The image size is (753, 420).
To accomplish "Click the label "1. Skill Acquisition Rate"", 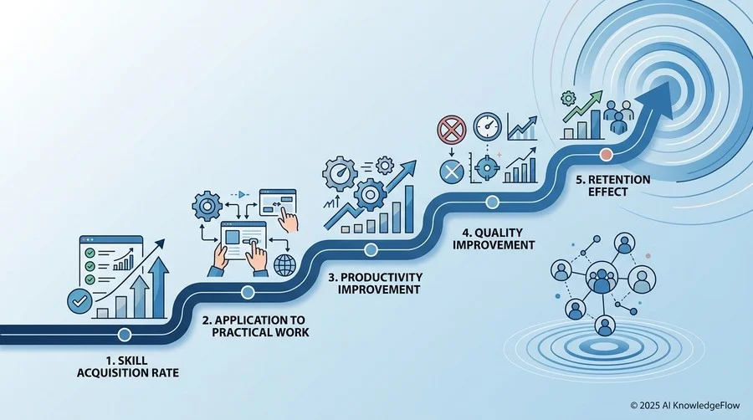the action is tap(128, 366).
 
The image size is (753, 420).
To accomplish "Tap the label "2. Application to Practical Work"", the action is tap(260, 326).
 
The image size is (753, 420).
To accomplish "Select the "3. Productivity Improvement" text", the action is tap(376, 283).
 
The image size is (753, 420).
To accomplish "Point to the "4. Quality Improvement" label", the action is tap(493, 239).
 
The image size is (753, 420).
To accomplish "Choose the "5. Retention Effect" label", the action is tap(612, 186).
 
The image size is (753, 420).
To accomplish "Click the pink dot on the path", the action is tap(607, 155).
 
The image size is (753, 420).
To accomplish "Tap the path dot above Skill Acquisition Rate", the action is tap(125, 335).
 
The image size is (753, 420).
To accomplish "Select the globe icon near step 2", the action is tap(284, 265).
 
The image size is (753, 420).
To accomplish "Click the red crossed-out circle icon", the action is tap(452, 130).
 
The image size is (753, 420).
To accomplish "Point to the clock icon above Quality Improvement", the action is tap(488, 126).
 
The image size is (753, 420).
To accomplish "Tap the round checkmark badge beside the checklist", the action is tap(79, 301).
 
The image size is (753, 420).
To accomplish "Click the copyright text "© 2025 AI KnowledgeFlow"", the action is tap(684, 406).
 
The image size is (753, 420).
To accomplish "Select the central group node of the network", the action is tap(602, 278).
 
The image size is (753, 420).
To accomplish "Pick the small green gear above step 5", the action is tap(568, 99).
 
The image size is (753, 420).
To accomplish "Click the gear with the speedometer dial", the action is tap(340, 173).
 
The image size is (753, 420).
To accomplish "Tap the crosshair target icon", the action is tap(487, 167).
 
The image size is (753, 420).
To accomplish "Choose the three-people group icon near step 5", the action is tap(618, 116).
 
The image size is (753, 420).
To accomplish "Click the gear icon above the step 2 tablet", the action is tap(207, 207).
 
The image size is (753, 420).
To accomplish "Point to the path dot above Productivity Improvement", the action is tap(371, 249).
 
